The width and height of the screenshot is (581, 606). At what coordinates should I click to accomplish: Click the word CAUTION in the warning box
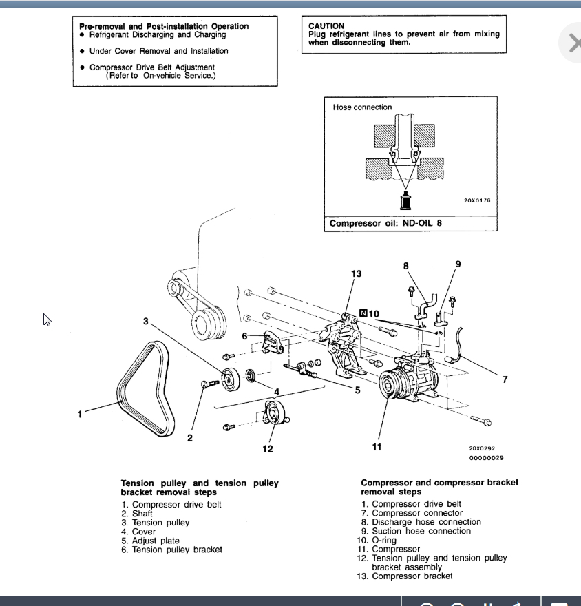coord(326,26)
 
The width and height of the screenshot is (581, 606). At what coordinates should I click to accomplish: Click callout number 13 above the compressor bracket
coord(356,274)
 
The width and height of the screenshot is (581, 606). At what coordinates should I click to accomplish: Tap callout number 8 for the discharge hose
coord(406,266)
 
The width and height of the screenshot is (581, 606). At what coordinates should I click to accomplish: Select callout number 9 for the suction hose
coord(458,264)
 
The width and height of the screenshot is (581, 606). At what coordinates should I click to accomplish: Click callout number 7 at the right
coord(505,379)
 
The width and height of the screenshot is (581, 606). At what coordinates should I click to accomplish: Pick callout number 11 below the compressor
coord(377,447)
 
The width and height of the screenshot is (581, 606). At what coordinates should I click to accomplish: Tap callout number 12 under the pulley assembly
coord(268,449)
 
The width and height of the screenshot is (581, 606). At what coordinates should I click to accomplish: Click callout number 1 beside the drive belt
coord(80,414)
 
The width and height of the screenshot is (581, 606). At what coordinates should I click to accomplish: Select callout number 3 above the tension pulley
coord(146,321)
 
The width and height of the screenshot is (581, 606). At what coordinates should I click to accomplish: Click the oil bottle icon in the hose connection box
coord(405,202)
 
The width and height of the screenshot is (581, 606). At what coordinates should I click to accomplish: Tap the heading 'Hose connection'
coord(362,107)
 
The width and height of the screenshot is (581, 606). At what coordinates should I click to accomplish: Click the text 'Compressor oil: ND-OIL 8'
coord(385,223)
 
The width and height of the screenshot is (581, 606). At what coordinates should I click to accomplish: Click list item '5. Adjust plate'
coord(150,541)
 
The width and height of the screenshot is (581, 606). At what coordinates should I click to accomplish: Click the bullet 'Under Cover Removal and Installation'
coord(158,51)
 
